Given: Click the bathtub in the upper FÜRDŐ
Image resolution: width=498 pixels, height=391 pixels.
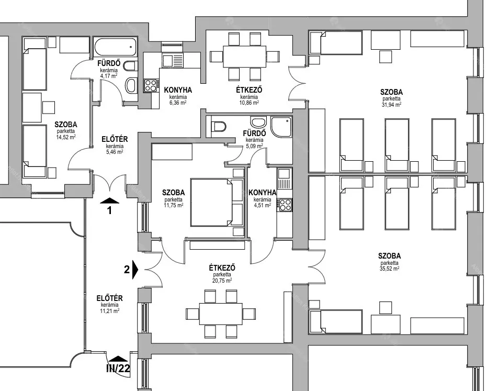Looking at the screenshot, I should click(116, 47).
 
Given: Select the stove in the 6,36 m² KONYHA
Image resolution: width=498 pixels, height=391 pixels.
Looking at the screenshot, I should click(151, 85).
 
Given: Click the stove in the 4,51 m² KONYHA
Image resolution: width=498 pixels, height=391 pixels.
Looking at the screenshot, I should click(285, 205).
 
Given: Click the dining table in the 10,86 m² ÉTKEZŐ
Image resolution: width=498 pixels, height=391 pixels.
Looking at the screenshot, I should click(245, 55).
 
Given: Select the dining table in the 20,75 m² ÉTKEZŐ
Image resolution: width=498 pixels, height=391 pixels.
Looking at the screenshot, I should click(220, 314).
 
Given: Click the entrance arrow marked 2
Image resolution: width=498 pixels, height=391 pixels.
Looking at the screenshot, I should click(135, 270).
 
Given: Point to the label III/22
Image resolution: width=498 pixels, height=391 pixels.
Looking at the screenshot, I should click(118, 367).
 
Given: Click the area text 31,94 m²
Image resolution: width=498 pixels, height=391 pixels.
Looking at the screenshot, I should click(391, 105).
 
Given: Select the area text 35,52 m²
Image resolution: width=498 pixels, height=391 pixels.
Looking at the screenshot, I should click(390, 269).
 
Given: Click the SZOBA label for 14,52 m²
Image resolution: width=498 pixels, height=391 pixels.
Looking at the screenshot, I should click(65, 125).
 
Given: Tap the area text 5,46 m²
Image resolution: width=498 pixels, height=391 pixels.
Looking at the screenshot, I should click(114, 152).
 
